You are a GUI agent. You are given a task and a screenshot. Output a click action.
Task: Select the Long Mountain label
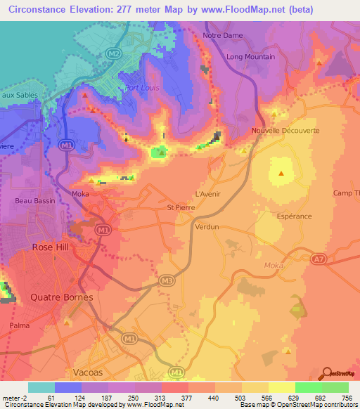251,57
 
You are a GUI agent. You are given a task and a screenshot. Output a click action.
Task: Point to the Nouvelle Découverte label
286,131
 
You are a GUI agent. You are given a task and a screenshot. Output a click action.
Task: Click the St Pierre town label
179,207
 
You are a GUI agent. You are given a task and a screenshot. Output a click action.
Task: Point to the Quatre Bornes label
61,297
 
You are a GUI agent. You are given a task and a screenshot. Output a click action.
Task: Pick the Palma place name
20,326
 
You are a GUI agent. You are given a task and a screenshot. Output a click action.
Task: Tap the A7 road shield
320,260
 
